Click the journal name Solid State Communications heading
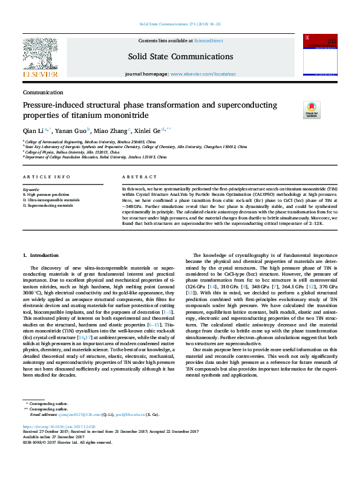180,57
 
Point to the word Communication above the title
44,92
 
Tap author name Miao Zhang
113,131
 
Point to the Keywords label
31,189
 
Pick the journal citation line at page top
180,24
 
